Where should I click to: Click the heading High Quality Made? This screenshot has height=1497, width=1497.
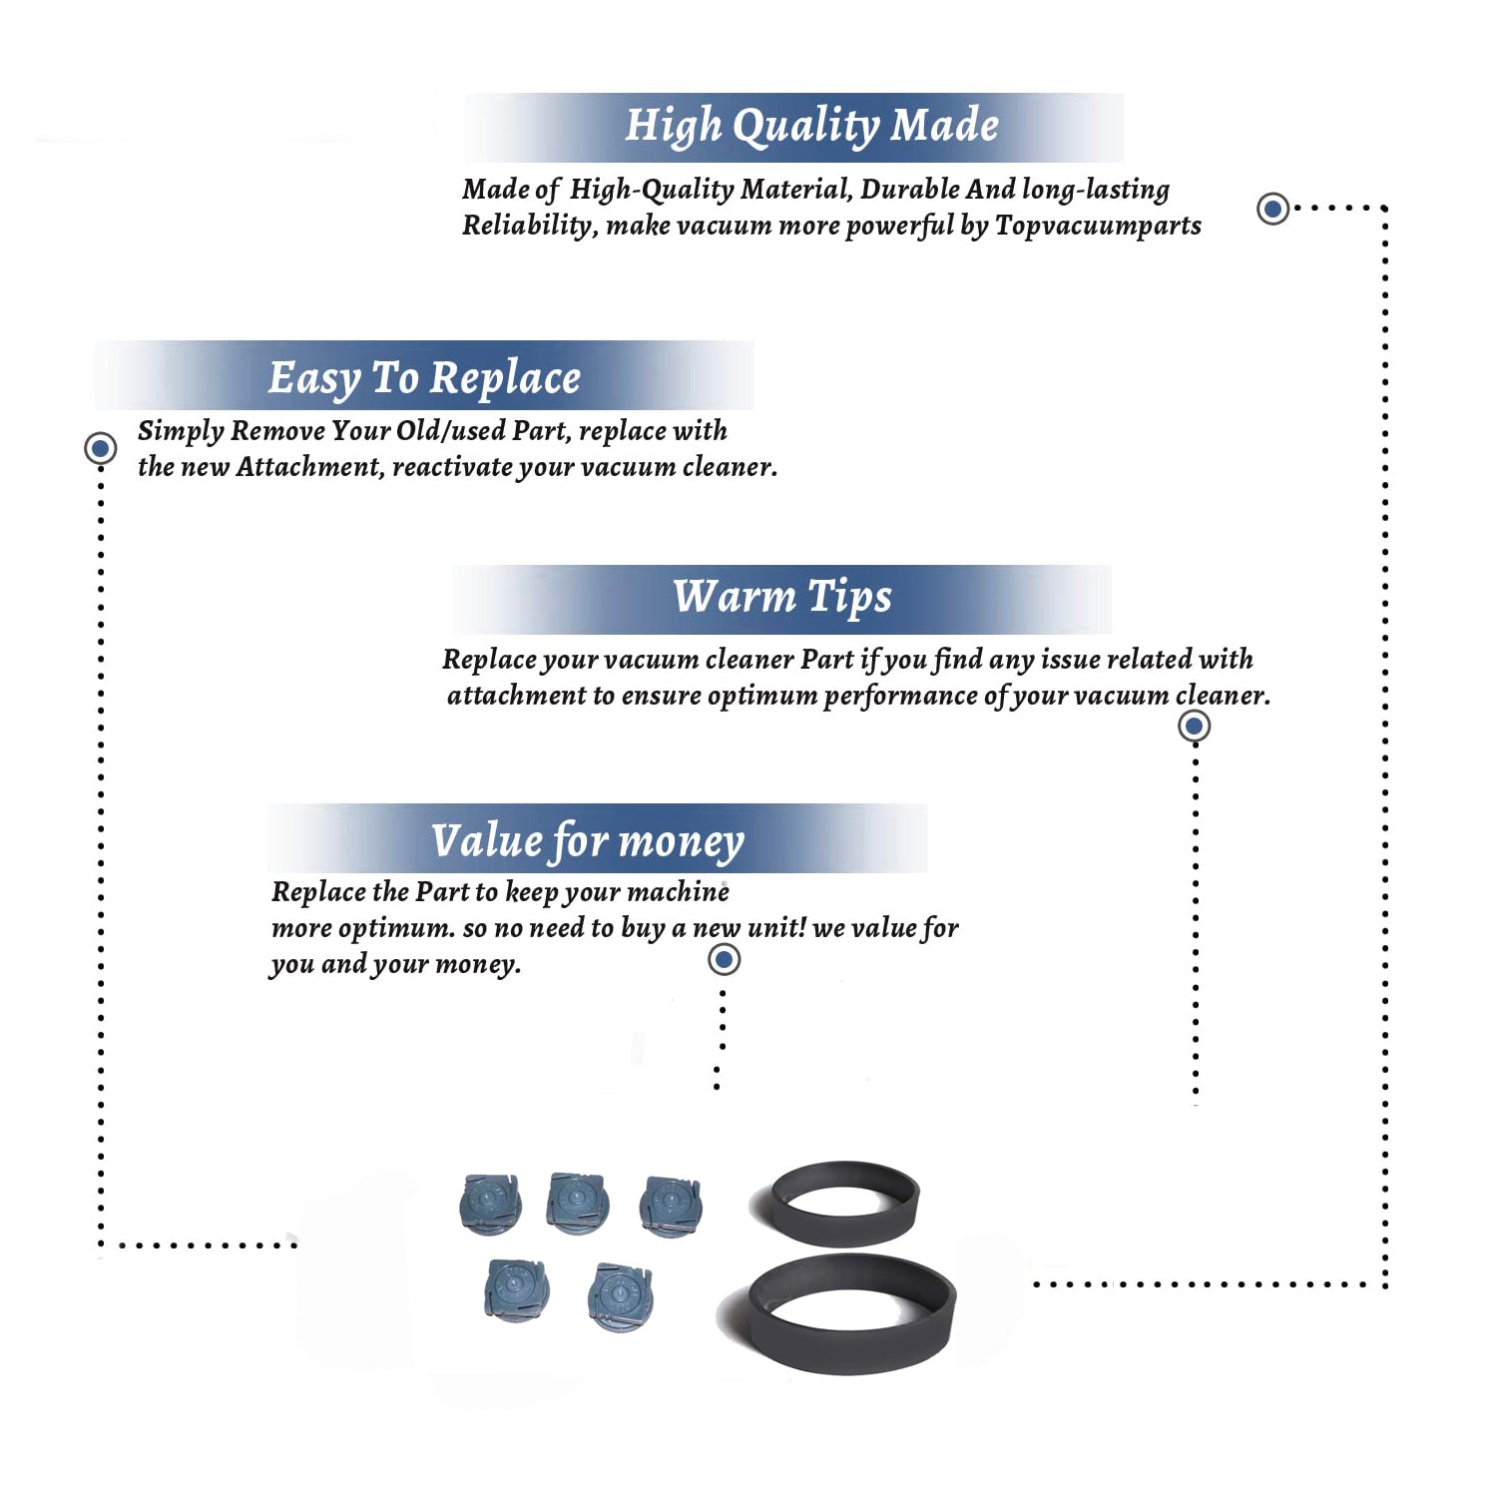[811, 127]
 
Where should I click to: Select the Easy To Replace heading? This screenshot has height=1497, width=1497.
[424, 379]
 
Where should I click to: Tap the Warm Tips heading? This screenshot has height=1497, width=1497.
[782, 597]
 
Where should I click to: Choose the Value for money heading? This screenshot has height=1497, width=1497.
[588, 841]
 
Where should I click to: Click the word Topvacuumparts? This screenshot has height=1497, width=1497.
[1098, 227]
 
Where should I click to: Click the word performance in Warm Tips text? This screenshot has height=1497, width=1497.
[899, 696]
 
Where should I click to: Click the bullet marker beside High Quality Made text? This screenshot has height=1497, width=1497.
[1272, 209]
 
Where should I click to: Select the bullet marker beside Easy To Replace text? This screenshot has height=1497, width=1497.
[100, 448]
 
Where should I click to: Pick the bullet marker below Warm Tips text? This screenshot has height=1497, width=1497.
[1195, 726]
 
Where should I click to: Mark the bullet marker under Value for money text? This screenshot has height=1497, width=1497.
[724, 960]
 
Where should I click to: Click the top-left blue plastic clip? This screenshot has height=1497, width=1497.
[490, 1205]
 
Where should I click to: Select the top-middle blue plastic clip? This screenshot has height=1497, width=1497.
[578, 1202]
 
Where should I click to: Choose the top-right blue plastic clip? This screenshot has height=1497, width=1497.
[672, 1206]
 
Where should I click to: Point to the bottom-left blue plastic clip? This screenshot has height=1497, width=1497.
[516, 1289]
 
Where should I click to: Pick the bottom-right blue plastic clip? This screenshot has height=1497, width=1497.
[621, 1297]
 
